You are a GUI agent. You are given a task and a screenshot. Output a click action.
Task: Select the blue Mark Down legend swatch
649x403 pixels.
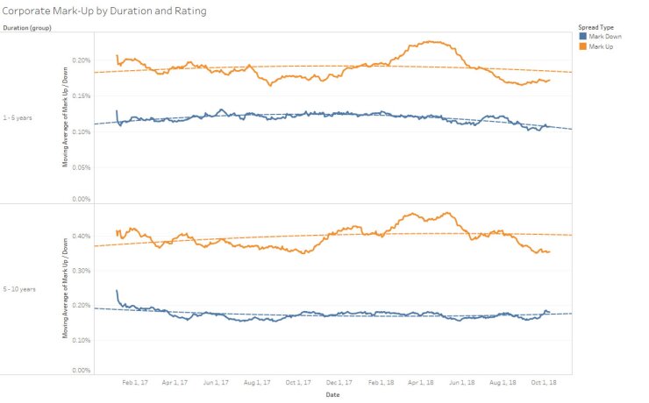[583, 37]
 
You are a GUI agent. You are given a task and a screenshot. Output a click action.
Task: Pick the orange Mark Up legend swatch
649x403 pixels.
[583, 46]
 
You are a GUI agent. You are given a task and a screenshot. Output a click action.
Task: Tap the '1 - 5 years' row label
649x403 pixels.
[18, 117]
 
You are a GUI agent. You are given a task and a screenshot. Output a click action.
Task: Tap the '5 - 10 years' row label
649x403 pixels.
[18, 288]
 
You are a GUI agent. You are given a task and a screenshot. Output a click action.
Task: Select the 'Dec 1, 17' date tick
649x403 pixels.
[339, 383]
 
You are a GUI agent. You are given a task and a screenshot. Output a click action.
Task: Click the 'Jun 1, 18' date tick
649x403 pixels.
[461, 383]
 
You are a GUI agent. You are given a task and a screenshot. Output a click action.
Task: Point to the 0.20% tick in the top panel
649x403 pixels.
[81, 60]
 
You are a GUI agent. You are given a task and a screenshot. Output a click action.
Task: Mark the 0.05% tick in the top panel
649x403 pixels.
[81, 166]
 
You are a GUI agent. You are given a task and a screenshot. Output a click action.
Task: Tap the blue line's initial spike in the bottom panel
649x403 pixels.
[117, 291]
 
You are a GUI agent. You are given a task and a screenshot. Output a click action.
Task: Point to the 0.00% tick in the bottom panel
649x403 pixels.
[81, 371]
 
